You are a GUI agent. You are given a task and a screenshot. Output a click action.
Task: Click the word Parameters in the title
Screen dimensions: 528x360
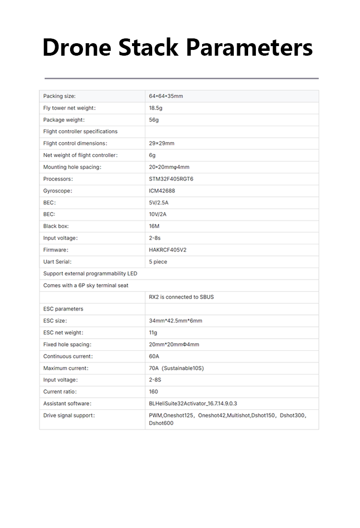click(x=249, y=48)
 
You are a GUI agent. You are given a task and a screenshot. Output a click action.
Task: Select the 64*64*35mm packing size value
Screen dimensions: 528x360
click(x=166, y=96)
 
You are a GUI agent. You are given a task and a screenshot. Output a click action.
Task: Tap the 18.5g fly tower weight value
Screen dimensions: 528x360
click(x=156, y=108)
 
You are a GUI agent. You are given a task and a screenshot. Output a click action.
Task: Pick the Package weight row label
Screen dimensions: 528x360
click(x=64, y=120)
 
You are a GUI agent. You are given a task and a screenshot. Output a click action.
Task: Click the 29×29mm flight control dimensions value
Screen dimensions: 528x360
click(x=161, y=144)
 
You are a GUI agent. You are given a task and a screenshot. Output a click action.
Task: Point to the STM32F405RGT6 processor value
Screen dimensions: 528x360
click(x=171, y=179)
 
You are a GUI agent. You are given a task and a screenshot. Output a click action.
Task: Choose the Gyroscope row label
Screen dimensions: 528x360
click(x=58, y=191)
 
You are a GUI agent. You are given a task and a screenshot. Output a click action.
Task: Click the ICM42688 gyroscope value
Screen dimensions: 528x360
click(x=163, y=191)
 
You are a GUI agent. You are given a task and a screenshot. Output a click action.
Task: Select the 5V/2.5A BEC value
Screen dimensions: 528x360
click(x=159, y=203)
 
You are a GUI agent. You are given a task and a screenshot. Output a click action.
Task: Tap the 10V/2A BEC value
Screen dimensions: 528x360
click(x=158, y=215)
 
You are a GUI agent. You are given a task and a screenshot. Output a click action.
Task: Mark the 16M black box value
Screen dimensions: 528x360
click(x=154, y=226)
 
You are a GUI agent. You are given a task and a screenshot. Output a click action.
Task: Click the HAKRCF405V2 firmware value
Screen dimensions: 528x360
click(x=168, y=250)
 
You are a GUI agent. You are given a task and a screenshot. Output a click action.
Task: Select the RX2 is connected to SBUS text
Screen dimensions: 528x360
click(x=181, y=297)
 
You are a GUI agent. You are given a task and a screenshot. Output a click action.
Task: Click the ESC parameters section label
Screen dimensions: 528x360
click(x=63, y=309)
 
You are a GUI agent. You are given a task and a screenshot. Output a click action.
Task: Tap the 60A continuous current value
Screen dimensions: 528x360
click(x=154, y=356)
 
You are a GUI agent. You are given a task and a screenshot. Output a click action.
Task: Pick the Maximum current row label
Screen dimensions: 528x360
click(x=66, y=368)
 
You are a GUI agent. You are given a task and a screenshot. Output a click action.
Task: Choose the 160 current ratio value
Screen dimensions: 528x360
click(x=154, y=392)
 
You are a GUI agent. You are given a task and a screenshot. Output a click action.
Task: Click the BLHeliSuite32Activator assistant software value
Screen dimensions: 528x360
click(x=193, y=404)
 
